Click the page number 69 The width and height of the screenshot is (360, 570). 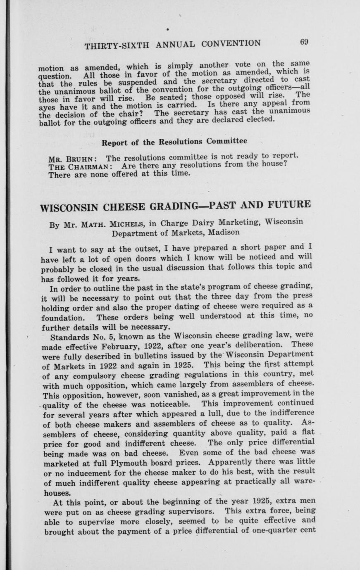click(x=305, y=41)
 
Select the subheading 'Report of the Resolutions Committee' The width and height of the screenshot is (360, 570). click(x=174, y=142)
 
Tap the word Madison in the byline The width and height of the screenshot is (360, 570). click(x=224, y=232)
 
